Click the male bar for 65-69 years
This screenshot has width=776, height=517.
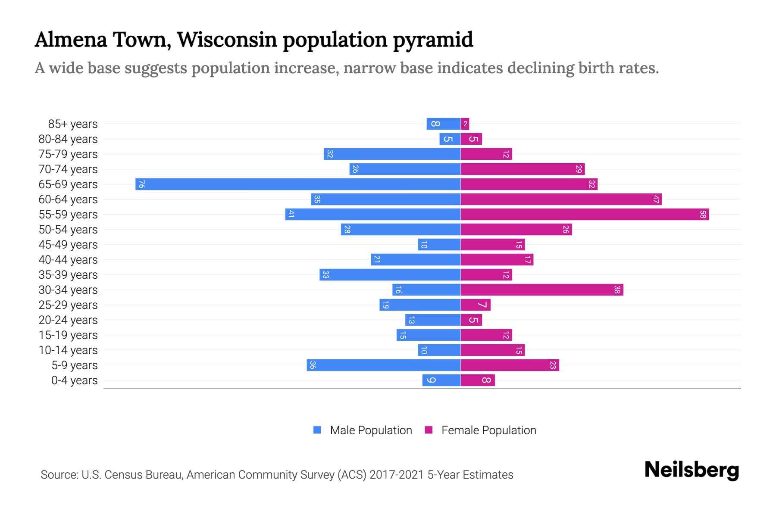tap(297, 184)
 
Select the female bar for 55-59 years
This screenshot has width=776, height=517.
tap(585, 215)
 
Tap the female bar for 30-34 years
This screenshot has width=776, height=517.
tap(542, 290)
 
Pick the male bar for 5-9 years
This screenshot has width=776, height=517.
tap(384, 365)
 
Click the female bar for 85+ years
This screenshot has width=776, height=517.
tap(465, 124)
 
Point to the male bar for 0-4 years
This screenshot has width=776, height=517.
tap(441, 380)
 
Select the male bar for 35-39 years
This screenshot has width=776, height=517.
tap(390, 275)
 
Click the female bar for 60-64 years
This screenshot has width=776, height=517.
tap(561, 199)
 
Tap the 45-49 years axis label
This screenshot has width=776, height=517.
tap(68, 245)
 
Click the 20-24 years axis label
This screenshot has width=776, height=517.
tap(68, 320)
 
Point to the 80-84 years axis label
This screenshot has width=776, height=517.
tap(68, 139)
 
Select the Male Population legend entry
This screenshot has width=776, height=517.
tap(363, 430)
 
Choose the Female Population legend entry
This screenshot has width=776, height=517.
tap(480, 430)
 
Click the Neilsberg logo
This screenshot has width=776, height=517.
tap(692, 470)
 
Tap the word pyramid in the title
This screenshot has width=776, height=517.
tap(433, 40)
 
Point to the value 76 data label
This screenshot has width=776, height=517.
tap(141, 184)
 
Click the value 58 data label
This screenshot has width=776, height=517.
tap(703, 215)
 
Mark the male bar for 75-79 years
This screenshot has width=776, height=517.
tap(392, 154)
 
